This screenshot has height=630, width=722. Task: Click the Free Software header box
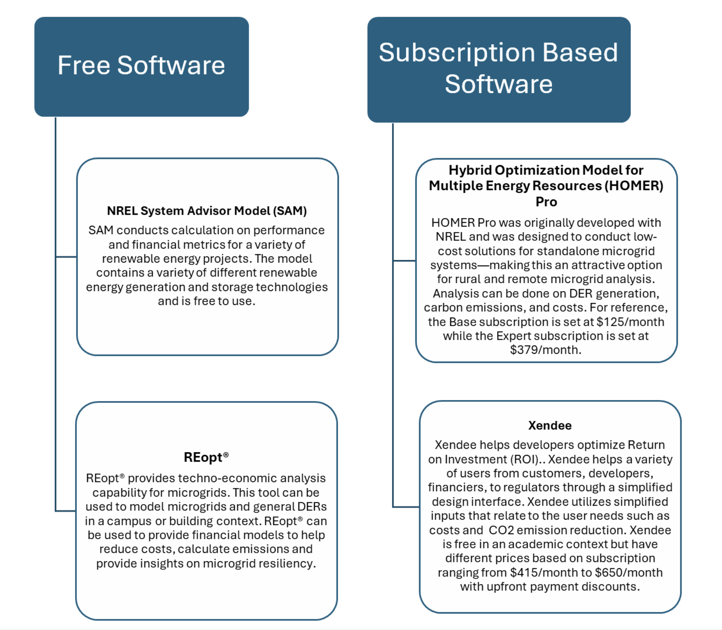pyautogui.click(x=142, y=66)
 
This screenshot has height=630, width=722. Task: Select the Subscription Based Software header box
pyautogui.click(x=499, y=69)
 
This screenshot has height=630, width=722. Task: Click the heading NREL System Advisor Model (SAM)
pyautogui.click(x=207, y=211)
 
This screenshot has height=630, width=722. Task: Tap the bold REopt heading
pyautogui.click(x=206, y=457)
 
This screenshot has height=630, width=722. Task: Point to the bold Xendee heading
pyautogui.click(x=550, y=426)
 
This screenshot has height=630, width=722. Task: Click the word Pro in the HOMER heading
pyautogui.click(x=546, y=202)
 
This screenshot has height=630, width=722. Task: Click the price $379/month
pyautogui.click(x=545, y=350)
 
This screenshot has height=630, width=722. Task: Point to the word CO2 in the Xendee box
pyautogui.click(x=501, y=530)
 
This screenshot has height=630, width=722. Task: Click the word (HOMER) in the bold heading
pyautogui.click(x=634, y=186)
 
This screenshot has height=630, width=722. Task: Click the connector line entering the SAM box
pyautogui.click(x=66, y=257)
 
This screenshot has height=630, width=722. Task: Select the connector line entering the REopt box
pyautogui.click(x=65, y=511)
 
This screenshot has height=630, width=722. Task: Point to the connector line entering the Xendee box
pyautogui.click(x=406, y=507)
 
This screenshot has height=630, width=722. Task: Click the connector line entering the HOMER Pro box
pyautogui.click(x=404, y=261)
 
